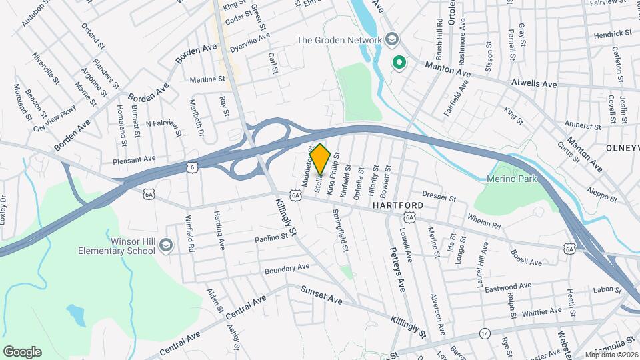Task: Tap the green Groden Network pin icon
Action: pyautogui.click(x=399, y=63)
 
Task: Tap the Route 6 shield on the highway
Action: pyautogui.click(x=192, y=167)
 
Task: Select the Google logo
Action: pyautogui.click(x=22, y=351)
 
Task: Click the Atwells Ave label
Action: pyautogui.click(x=533, y=84)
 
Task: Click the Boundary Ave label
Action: pyautogui.click(x=287, y=267)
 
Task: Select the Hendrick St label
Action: pyautogui.click(x=613, y=33)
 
